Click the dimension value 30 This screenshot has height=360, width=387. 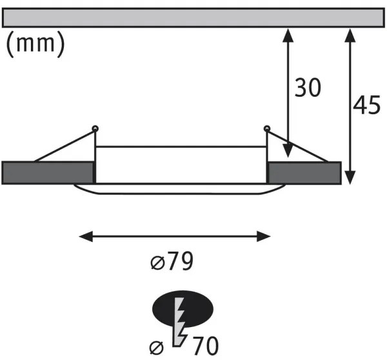pos(307,88)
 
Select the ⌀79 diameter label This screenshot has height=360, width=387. pos(171,261)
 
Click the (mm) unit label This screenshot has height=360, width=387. pos(35,45)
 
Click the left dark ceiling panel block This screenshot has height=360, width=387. pos(48,173)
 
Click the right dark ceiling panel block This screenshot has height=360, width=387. pos(304,173)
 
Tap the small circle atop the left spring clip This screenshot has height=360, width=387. pos(95,128)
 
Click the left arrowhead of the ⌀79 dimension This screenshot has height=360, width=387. pos(84,236)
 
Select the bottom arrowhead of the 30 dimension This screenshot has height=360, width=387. pos(288,154)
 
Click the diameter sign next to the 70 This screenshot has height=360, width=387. pos(155,346)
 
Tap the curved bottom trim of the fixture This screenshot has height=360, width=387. pos(180,190)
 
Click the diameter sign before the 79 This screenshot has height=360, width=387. pos(157,262)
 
